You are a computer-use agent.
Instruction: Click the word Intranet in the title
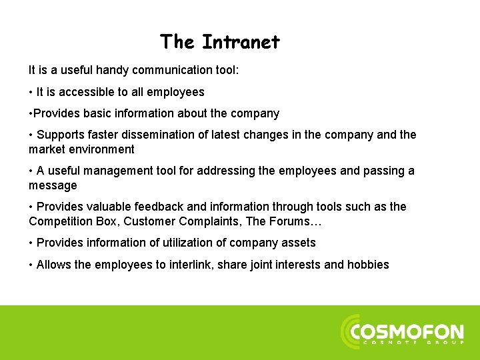(x=241, y=43)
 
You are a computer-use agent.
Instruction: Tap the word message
(x=53, y=185)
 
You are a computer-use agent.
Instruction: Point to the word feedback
(x=155, y=207)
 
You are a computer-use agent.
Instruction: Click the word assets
(x=300, y=243)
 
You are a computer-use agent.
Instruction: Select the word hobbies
(x=368, y=265)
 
